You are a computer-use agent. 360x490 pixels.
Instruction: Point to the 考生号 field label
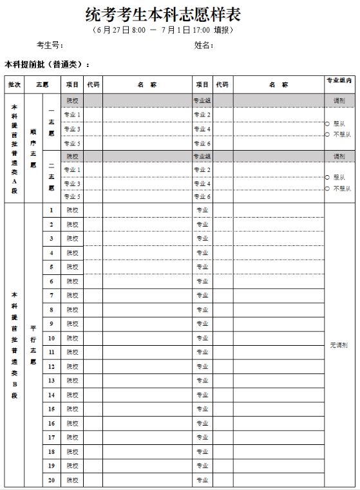point(49,45)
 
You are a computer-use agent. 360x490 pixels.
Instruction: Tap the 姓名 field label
point(204,45)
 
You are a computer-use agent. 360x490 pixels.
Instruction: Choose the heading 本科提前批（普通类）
point(47,64)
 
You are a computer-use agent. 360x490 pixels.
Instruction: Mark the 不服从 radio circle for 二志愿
point(327,188)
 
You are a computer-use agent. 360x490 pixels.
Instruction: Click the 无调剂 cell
point(339,345)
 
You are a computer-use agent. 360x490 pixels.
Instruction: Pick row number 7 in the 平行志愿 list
point(52,295)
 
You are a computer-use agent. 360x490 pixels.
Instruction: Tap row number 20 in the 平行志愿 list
point(52,480)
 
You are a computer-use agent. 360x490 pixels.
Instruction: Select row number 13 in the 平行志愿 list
point(52,381)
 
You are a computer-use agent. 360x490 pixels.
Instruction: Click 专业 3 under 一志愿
point(72,129)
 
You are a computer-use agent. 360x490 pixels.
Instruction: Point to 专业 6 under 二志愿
point(203,197)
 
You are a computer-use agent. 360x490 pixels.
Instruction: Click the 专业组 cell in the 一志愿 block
point(203,100)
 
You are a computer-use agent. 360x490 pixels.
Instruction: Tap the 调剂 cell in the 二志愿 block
point(339,156)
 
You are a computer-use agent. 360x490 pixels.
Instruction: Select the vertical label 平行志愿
point(33,345)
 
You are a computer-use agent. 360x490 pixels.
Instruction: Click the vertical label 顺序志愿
point(33,147)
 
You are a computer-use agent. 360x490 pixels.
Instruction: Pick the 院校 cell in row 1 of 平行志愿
point(72,210)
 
